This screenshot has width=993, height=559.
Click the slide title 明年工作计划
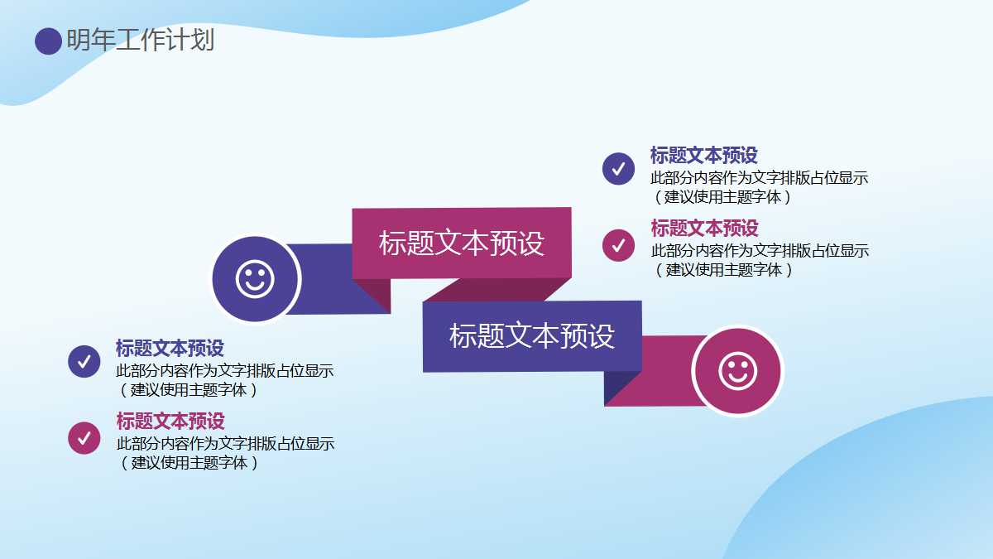pos(141,40)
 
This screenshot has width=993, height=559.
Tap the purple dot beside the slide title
pos(48,41)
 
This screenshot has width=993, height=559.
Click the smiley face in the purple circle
pos(255,279)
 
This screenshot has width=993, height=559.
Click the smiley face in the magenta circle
pos(737,370)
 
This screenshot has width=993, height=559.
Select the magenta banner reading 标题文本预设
pos(462,243)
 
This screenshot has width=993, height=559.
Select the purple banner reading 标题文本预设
pos(532,335)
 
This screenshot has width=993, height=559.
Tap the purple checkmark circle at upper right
pos(618,169)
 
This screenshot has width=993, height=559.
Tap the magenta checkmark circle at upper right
pos(618,245)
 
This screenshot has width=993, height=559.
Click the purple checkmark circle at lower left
pos(84,361)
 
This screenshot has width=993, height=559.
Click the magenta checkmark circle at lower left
pos(84,438)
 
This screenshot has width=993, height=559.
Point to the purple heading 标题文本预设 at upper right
pos(703,155)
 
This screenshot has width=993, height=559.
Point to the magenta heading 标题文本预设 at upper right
pos(704,228)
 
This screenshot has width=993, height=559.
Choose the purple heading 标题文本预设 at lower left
pos(170,348)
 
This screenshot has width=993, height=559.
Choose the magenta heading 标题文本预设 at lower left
pos(170,421)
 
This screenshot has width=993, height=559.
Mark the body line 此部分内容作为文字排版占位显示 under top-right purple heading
pos(759,177)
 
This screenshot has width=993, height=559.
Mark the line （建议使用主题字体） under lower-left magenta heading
pos(189,462)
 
